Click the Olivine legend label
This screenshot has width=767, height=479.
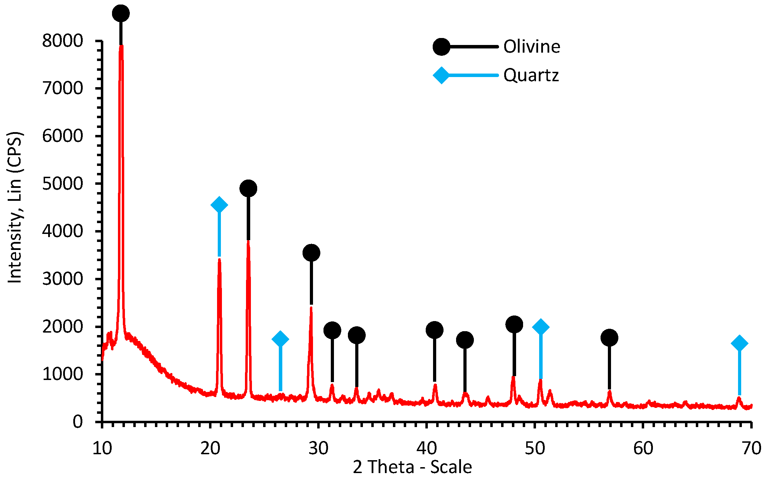click(531, 46)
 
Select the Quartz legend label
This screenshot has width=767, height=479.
click(531, 75)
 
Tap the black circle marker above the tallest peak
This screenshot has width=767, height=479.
click(121, 13)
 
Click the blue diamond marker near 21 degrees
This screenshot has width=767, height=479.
click(219, 205)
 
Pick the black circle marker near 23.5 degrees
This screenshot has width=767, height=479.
click(248, 189)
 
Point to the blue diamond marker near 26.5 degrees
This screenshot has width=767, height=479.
click(280, 339)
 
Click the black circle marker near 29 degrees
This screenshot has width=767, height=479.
click(311, 253)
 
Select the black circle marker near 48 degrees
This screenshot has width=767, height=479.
click(514, 325)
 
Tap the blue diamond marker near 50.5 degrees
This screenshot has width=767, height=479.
click(541, 327)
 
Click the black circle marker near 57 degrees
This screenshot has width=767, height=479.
click(609, 337)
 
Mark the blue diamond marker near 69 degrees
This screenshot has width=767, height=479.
click(739, 343)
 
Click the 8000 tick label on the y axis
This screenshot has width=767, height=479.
click(62, 41)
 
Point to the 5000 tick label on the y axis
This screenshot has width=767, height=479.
click(62, 184)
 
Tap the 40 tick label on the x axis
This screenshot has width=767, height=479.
click(426, 448)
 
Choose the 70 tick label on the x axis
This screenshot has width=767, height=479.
click(751, 448)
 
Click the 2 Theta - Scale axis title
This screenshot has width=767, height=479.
click(412, 467)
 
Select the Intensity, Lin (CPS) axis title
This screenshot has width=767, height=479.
click(15, 207)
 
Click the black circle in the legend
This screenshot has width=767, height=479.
click(441, 47)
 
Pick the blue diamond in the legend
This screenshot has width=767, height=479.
click(441, 75)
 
